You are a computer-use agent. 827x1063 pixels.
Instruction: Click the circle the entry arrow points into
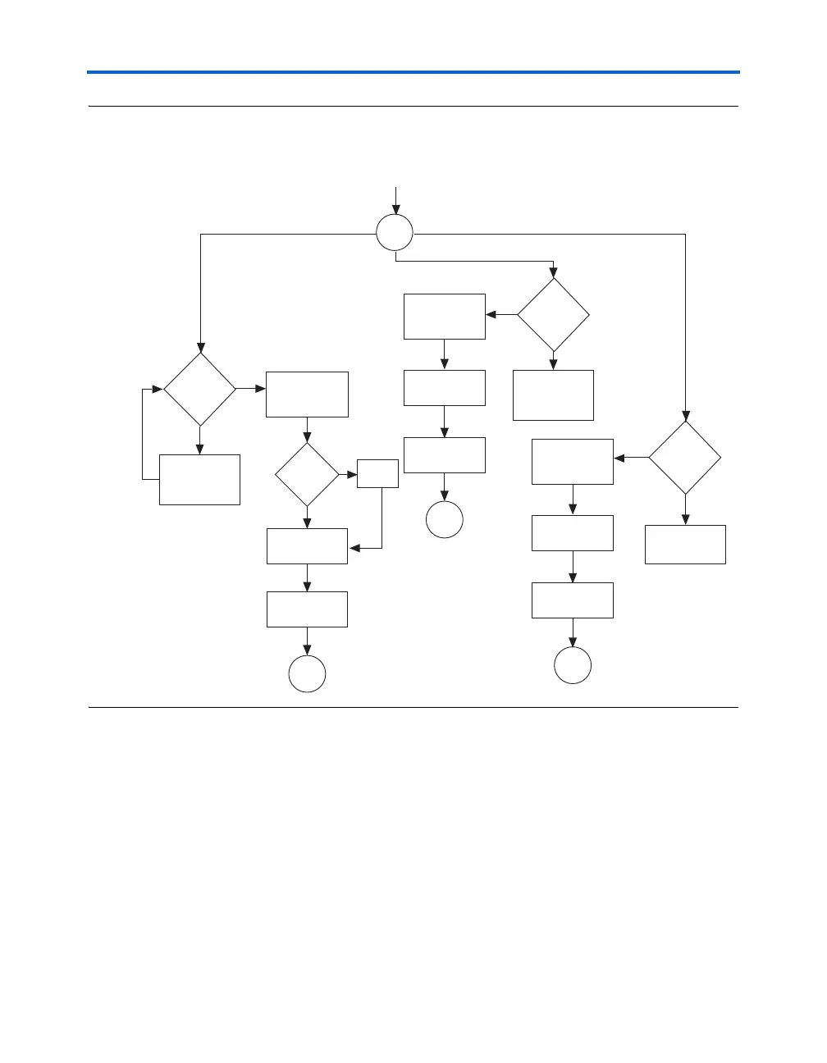pyautogui.click(x=395, y=234)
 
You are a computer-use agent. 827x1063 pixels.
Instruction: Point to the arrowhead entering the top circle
pyautogui.click(x=395, y=211)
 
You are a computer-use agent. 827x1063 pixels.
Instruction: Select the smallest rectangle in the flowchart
pyautogui.click(x=377, y=474)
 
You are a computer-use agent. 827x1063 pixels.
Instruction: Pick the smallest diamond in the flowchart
pyautogui.click(x=307, y=475)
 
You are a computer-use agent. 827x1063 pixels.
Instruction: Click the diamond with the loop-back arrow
pyautogui.click(x=199, y=389)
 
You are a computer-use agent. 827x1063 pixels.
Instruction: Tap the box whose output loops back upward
pyautogui.click(x=199, y=480)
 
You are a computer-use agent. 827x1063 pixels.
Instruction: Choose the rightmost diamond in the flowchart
pyautogui.click(x=685, y=457)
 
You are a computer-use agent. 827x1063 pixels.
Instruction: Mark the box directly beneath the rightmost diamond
pyautogui.click(x=685, y=545)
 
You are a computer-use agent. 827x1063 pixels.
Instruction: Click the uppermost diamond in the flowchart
pyautogui.click(x=553, y=314)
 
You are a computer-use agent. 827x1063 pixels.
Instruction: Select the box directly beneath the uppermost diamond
pyautogui.click(x=553, y=395)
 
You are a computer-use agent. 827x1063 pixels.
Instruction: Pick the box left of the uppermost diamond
pyautogui.click(x=445, y=317)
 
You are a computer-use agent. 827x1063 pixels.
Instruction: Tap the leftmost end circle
pyautogui.click(x=308, y=674)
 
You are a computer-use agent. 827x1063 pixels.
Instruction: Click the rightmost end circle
pyautogui.click(x=573, y=665)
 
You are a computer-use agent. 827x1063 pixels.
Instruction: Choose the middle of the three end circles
pyautogui.click(x=445, y=520)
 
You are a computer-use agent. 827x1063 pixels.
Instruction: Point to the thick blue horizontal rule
pyautogui.click(x=413, y=72)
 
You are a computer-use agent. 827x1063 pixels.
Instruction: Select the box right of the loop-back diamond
pyautogui.click(x=307, y=395)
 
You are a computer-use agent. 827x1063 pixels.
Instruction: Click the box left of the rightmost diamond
pyautogui.click(x=573, y=462)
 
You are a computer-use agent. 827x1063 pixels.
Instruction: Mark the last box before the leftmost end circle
pyautogui.click(x=307, y=609)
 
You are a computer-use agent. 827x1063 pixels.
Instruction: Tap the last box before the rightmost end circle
pyautogui.click(x=573, y=600)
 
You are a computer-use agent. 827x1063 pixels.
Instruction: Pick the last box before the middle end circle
pyautogui.click(x=445, y=455)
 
